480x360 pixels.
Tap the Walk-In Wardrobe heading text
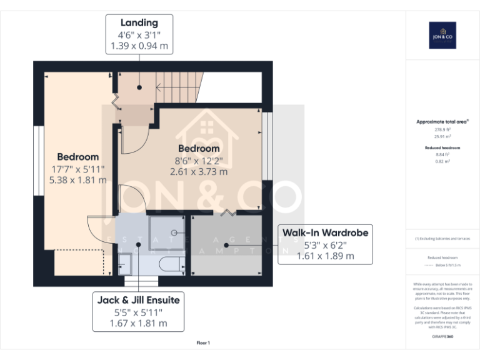click(325, 232)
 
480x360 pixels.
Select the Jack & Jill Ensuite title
click(138, 300)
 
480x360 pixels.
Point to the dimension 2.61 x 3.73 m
click(199, 171)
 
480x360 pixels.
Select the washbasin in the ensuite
click(124, 263)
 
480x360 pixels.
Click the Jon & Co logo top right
click(442, 36)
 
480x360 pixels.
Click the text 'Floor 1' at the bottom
click(203, 342)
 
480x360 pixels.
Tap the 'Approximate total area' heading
click(442, 122)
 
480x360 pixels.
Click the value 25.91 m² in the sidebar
click(442, 136)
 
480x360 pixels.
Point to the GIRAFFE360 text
click(442, 337)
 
